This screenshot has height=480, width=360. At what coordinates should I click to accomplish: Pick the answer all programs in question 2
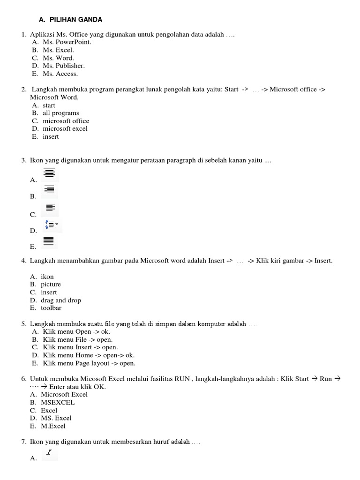[x=61, y=113]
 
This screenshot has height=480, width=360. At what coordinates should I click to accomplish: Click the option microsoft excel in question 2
[x=65, y=129]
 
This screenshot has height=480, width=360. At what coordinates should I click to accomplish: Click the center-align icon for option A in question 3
[x=49, y=172]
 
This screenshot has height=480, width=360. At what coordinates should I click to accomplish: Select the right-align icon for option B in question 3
[x=49, y=189]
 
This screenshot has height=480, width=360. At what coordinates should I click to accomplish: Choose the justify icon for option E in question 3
[x=49, y=241]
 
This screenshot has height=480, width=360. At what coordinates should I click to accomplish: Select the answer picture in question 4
[x=51, y=285]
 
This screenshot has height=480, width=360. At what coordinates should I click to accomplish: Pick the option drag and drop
[x=61, y=300]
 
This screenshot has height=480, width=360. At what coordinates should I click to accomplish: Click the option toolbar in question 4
[x=51, y=308]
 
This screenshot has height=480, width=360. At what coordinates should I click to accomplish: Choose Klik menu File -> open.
[x=77, y=339]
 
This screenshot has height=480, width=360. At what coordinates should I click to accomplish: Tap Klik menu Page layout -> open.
[x=89, y=363]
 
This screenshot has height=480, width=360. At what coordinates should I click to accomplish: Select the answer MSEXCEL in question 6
[x=58, y=403]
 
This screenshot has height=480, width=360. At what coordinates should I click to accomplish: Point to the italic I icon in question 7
[x=49, y=453]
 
